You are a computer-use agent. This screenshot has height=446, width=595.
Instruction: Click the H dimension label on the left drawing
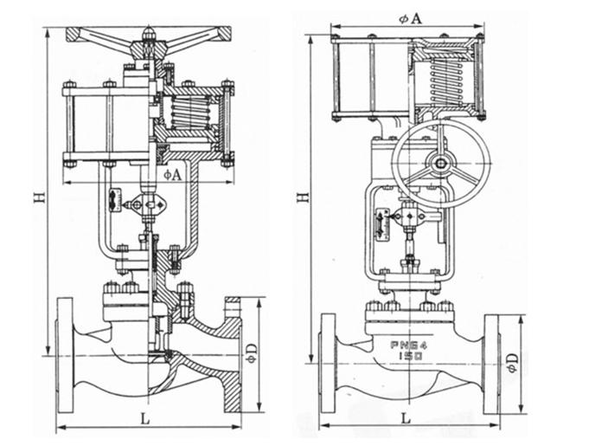[38, 199]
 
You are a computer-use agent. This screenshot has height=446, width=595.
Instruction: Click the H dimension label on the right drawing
[301, 197]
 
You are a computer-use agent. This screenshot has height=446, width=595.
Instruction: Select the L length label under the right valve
[406, 417]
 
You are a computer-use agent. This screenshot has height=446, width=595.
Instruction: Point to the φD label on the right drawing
[512, 361]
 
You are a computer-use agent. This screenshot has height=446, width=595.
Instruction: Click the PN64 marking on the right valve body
[404, 343]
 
